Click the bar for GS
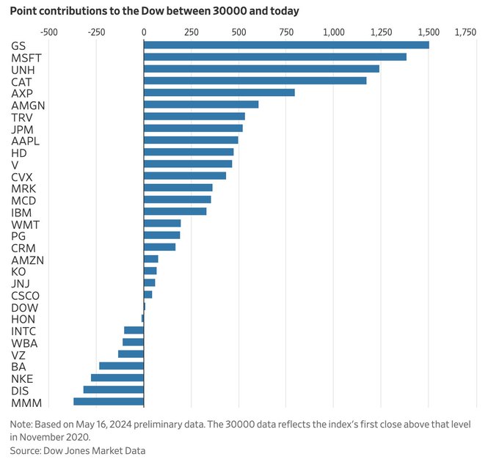[286, 45]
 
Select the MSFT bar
[275, 57]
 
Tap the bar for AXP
[219, 93]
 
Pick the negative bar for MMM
[109, 402]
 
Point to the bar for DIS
[114, 390]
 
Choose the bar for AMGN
[201, 105]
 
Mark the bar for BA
[122, 366]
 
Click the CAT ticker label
[21, 81]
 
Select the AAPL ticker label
[25, 141]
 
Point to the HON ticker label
[23, 319]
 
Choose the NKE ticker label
[22, 378]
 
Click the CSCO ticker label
[26, 296]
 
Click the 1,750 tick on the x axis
[465, 32]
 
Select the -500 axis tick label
[48, 32]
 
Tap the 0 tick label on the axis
[144, 32]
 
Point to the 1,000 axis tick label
[334, 32]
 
